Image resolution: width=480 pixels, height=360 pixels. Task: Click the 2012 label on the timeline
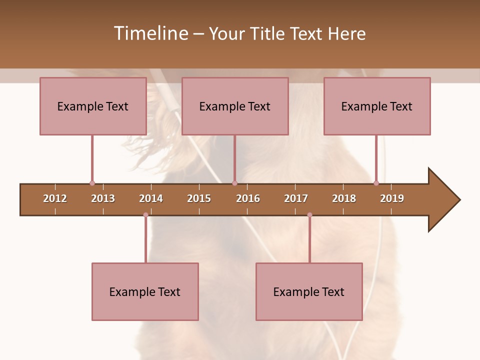55,198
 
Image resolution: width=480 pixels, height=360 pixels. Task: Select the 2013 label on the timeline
103,198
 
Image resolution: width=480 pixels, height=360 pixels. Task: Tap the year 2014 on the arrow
151,198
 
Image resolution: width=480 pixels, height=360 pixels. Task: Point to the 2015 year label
199,198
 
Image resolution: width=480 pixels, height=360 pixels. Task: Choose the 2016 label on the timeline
248,198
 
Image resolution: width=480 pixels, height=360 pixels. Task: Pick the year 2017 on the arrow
296,198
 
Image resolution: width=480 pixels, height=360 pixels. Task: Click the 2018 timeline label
344,198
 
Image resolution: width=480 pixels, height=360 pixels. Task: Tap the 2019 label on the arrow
392,198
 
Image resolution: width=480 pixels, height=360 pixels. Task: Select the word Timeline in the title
150,33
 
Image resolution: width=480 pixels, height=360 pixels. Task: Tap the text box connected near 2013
93,106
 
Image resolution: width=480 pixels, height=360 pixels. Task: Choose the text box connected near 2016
235,106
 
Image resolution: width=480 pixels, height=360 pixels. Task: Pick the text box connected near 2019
377,106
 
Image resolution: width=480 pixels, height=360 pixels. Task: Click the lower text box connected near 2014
145,291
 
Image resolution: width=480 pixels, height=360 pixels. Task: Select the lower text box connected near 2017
309,291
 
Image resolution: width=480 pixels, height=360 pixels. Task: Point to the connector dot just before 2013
92,183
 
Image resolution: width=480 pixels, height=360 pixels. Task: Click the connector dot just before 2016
234,183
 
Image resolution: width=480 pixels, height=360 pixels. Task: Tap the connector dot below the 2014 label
145,215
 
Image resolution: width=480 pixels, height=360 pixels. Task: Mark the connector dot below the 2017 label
309,215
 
